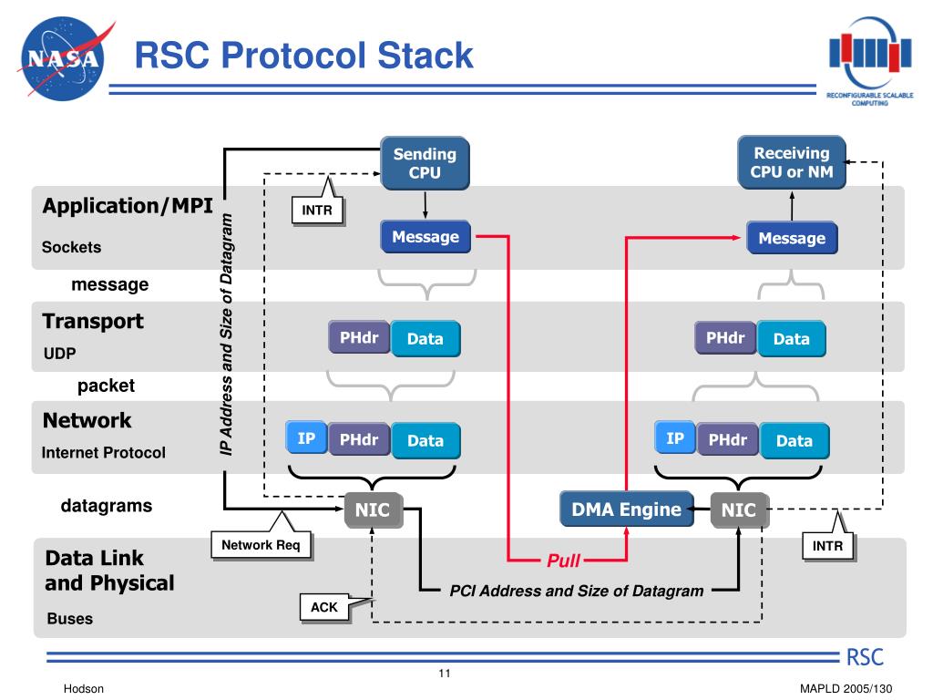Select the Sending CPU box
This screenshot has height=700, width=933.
click(425, 163)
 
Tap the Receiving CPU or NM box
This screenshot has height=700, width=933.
click(792, 162)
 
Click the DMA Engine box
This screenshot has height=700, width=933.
click(627, 509)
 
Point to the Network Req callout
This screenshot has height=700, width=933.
click(261, 545)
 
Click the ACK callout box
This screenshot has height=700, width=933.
click(324, 607)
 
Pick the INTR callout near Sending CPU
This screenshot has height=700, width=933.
click(317, 210)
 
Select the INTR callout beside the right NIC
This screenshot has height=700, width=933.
click(827, 545)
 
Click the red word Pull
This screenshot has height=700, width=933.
click(563, 561)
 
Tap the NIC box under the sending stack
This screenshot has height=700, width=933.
click(373, 510)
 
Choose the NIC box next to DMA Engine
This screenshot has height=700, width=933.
click(740, 510)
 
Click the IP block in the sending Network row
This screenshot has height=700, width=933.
click(306, 438)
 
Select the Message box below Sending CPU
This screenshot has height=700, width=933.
click(425, 237)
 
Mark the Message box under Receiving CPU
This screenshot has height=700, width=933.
click(792, 238)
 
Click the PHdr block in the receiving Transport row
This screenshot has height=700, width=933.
click(725, 337)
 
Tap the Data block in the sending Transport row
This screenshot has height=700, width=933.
click(425, 339)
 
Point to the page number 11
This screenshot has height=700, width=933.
click(445, 674)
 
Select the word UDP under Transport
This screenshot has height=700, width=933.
click(59, 354)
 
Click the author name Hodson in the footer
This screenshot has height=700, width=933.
click(83, 689)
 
